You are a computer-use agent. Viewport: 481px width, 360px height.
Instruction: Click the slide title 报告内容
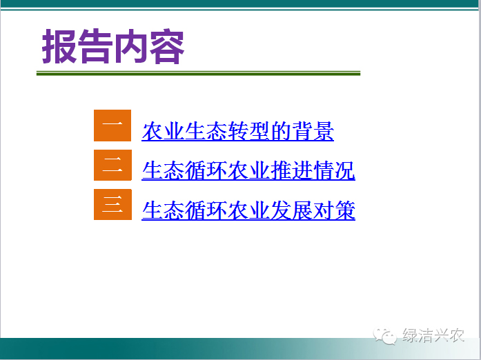(113, 46)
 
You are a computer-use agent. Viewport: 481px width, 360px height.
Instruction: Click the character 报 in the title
(59, 46)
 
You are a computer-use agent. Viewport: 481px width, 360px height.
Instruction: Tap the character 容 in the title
(167, 46)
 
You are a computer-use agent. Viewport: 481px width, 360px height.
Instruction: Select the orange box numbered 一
(112, 126)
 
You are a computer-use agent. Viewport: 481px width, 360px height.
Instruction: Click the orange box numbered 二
(112, 165)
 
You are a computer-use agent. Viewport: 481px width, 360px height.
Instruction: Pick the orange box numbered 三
(112, 204)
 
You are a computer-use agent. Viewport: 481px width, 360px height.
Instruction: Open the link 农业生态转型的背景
(237, 131)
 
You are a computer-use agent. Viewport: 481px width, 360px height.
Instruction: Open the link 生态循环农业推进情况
(248, 170)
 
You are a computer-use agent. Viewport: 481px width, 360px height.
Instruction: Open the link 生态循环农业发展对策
(248, 210)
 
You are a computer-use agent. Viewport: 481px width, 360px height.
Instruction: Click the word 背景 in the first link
(313, 131)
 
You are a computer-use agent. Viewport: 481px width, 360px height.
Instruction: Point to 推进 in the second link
(291, 170)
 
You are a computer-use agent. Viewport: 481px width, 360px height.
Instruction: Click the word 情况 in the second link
(334, 170)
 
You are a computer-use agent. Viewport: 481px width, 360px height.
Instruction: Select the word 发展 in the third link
(291, 210)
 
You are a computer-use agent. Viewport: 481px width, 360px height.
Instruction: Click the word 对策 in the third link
(334, 210)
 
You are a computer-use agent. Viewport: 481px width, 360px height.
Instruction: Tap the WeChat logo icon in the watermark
(384, 336)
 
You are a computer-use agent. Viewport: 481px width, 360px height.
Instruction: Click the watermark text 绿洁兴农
(433, 335)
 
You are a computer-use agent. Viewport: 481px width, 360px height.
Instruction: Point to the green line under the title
(198, 73)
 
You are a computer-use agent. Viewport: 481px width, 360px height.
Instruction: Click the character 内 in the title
(131, 46)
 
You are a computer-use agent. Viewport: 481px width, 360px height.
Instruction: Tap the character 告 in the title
(95, 46)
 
